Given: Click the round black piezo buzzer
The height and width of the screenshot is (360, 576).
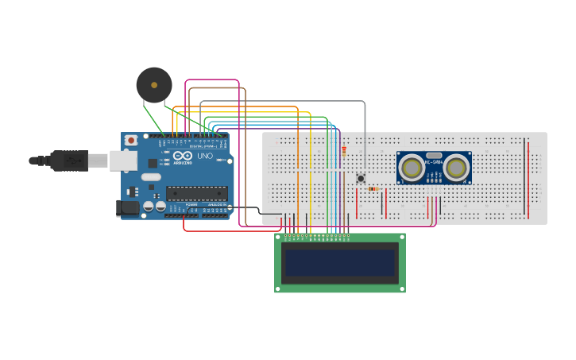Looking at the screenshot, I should (x=153, y=85).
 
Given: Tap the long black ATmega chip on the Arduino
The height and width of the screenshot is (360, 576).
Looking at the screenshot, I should (x=196, y=192).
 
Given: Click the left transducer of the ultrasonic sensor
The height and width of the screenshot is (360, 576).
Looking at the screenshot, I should (x=412, y=168).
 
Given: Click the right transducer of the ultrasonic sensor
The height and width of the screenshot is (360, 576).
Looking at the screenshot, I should (x=456, y=168).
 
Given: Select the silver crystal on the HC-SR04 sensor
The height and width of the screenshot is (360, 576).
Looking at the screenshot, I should (x=434, y=156).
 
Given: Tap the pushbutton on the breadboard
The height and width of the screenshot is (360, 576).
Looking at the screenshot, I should (x=361, y=178).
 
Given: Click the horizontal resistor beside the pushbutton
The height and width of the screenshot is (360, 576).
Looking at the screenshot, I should (x=373, y=189).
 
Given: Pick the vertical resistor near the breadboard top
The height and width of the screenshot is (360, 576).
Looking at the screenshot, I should (x=344, y=149).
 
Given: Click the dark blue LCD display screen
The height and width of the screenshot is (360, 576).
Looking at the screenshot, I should (x=340, y=262).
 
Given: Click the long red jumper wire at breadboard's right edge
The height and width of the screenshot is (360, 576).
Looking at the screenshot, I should (x=528, y=179).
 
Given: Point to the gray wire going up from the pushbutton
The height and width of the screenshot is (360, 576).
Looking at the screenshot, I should (x=365, y=135).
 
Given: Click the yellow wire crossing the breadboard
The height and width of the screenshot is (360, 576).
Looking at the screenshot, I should (x=310, y=175).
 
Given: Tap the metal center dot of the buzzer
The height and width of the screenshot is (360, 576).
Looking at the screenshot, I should (x=153, y=83).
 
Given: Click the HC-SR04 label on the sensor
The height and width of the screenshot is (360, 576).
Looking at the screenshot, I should (x=434, y=163).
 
